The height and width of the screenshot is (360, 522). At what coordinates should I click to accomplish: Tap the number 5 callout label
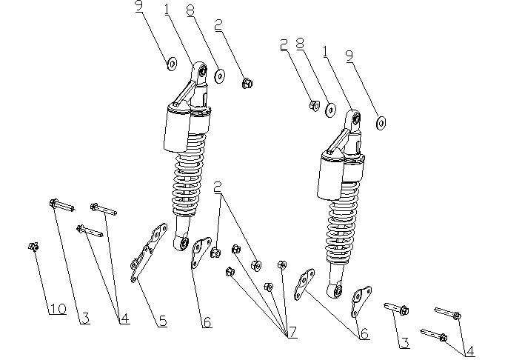162,321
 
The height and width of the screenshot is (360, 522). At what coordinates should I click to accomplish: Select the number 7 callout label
292,333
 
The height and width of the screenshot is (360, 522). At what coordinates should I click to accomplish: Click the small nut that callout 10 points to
33,247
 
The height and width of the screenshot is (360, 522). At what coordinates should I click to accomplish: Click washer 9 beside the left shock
172,64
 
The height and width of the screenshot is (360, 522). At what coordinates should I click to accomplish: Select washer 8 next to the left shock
220,76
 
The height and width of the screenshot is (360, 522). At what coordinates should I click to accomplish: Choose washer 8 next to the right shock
330,110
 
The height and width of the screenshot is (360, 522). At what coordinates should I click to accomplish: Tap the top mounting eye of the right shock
355,117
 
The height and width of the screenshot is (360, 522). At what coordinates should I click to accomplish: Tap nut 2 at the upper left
247,83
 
